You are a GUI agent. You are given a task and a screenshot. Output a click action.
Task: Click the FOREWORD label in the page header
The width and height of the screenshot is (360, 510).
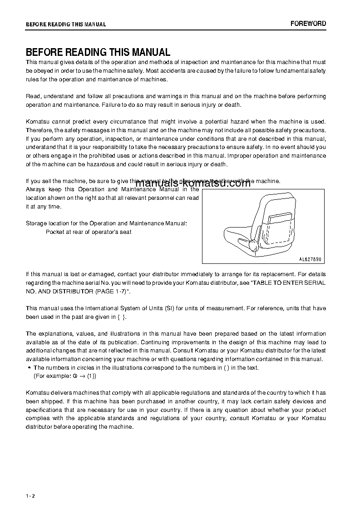tap(308, 24)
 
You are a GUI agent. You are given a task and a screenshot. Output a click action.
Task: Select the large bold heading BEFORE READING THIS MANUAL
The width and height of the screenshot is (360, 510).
tap(98, 52)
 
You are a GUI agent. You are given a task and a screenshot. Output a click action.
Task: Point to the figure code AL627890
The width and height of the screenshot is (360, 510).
tap(310, 259)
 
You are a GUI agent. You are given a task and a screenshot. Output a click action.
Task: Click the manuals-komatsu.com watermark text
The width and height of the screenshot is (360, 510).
tap(193, 184)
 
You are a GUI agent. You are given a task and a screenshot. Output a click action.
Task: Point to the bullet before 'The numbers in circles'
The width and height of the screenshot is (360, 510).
tap(29, 368)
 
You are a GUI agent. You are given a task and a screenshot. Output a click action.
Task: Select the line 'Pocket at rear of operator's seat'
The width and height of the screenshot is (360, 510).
tap(89, 232)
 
